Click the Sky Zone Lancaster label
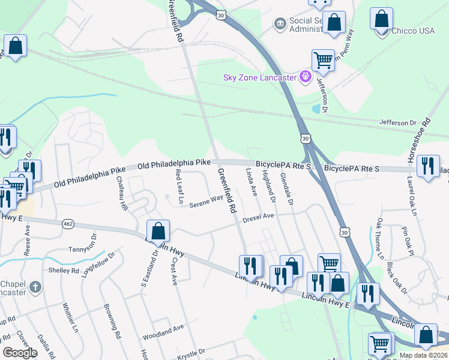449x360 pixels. (x=259, y=78)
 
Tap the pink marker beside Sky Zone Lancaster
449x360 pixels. (x=306, y=77)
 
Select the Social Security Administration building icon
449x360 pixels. (x=279, y=23)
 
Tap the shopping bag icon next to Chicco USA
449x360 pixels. (x=381, y=19)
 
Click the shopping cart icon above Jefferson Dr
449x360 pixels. (x=323, y=60)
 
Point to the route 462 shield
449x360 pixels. (x=67, y=224)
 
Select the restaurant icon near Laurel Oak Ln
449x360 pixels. (x=427, y=166)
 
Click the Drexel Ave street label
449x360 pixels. (x=258, y=217)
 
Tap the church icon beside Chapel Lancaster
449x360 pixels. (x=35, y=287)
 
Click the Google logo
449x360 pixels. (x=20, y=352)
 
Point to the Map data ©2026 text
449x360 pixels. (x=423, y=356)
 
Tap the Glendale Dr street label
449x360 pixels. (x=286, y=190)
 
